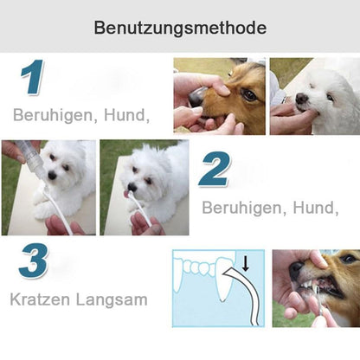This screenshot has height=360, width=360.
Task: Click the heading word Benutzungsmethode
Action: click(180, 29)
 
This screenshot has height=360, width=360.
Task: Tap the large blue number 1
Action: click(32, 79)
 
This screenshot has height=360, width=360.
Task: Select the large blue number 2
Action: click(215, 170)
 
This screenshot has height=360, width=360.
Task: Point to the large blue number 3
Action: click(33, 260)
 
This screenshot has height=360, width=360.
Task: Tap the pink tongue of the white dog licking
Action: click(131, 196)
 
